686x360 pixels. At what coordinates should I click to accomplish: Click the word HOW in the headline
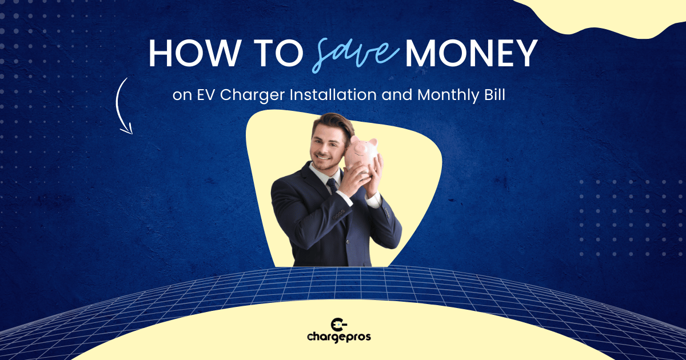point(189,53)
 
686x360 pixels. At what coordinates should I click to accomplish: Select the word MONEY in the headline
point(470,53)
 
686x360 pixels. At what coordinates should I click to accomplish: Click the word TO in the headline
point(274,53)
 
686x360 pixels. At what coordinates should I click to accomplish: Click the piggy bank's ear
point(373,142)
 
